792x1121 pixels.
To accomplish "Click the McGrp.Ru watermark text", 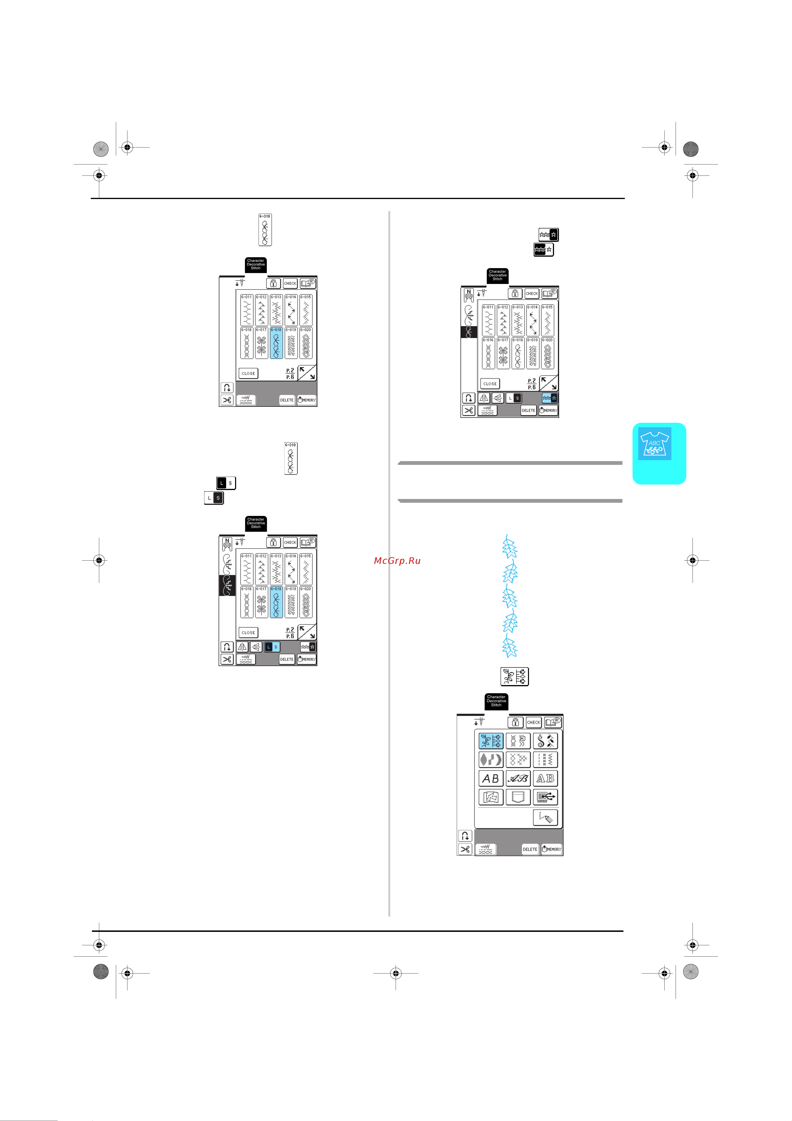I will [x=397, y=560].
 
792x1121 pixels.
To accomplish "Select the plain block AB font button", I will [x=490, y=778].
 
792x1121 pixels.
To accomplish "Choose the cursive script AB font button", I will [x=518, y=778].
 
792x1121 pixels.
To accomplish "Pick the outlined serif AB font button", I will [x=545, y=778].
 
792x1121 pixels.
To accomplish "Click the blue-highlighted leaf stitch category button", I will [x=490, y=741].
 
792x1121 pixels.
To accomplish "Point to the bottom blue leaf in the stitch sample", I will [x=509, y=647].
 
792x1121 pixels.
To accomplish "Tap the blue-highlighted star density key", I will [x=549, y=398].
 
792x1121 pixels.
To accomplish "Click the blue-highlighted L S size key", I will [x=272, y=647].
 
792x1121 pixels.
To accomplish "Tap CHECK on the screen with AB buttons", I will [x=533, y=722].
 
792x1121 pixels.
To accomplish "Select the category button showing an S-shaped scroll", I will [x=545, y=741].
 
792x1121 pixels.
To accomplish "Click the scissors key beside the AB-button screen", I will [x=465, y=849].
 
